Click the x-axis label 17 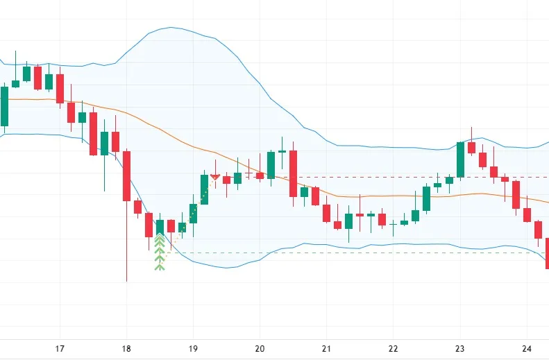click(60, 349)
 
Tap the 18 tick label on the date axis click(126, 349)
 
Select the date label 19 click(193, 349)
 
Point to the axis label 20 click(260, 349)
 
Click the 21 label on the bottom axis click(326, 349)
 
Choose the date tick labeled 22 click(393, 349)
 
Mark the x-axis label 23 click(459, 349)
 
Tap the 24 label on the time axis click(526, 349)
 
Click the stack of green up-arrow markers click(160, 252)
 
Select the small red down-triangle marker click(215, 178)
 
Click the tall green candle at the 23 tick click(460, 160)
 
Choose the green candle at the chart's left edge click(4, 106)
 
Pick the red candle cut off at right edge click(547, 252)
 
